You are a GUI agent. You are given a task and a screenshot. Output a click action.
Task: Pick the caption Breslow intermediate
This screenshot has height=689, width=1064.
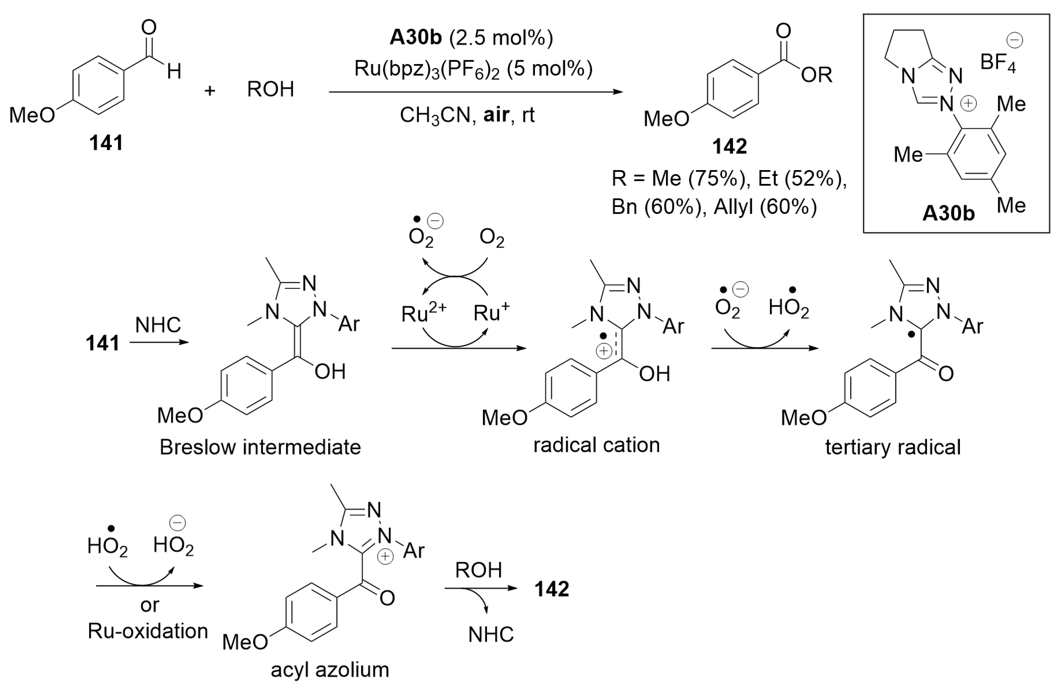260,447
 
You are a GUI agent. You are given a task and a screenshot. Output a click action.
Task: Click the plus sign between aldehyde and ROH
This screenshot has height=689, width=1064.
210,91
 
